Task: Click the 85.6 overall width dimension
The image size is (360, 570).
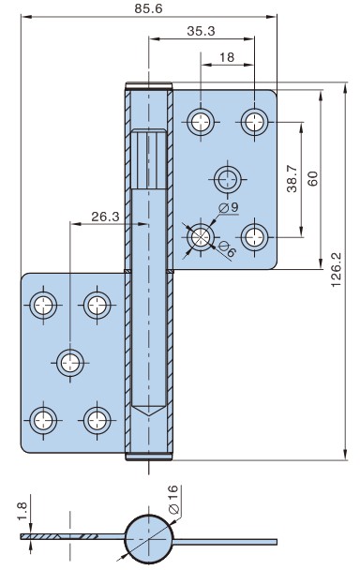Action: [x=148, y=8]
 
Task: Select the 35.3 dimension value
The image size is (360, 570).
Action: [x=201, y=31]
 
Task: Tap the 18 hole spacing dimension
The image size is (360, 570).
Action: [x=227, y=57]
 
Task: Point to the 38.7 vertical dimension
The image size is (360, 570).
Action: [x=292, y=178]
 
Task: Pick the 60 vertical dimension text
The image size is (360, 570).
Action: [x=313, y=178]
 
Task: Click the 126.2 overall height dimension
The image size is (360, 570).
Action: [x=337, y=269]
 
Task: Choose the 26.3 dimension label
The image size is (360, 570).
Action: [x=105, y=217]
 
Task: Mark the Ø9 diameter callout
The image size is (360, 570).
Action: [x=229, y=207]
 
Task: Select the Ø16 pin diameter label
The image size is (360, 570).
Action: [x=173, y=500]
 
